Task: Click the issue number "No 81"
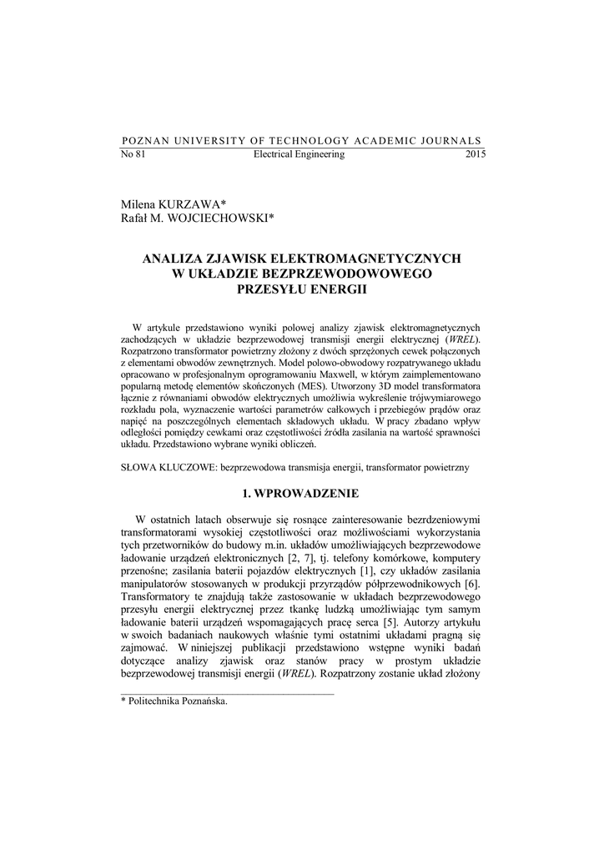tap(133, 155)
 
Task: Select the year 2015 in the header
tap(476, 155)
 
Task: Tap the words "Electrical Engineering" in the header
tap(299, 155)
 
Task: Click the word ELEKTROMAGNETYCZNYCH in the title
tap(367, 259)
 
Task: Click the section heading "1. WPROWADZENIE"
tap(301, 494)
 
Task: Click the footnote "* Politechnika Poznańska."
tap(174, 701)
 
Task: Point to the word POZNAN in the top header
tap(143, 141)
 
